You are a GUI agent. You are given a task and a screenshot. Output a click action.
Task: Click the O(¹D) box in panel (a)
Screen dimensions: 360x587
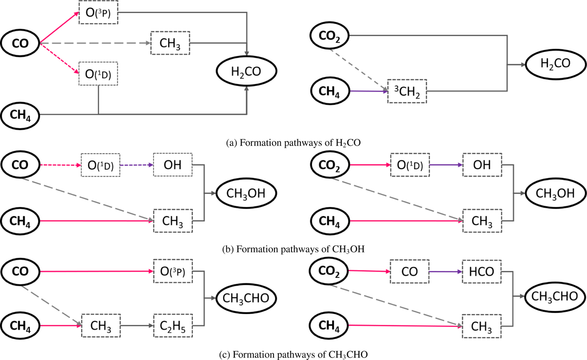point(98,75)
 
